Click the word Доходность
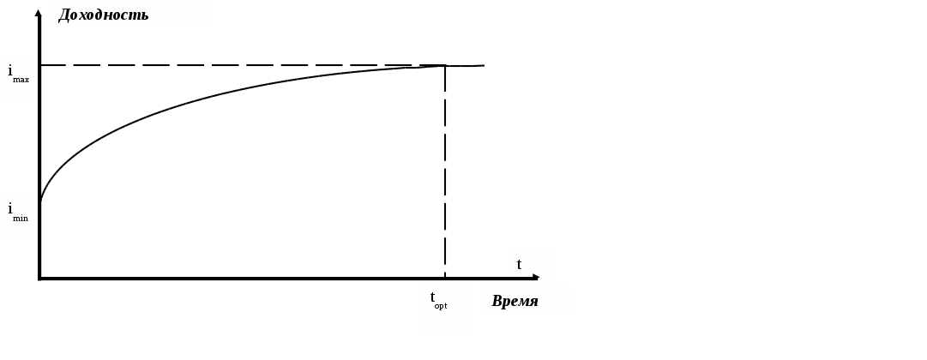click(104, 15)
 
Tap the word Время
click(515, 301)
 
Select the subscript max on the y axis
click(21, 80)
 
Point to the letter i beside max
click(10, 71)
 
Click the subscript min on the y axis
click(21, 218)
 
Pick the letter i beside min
click(10, 208)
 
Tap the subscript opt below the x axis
click(441, 306)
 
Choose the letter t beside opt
click(433, 297)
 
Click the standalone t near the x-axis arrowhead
click(519, 264)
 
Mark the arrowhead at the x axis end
click(536, 277)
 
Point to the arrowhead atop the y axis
click(39, 12)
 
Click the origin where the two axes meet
click(39, 279)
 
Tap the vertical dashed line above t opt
click(445, 171)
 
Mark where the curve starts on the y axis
click(40, 202)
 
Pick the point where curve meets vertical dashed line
click(445, 66)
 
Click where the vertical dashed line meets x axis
click(445, 278)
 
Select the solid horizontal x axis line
click(257, 279)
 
